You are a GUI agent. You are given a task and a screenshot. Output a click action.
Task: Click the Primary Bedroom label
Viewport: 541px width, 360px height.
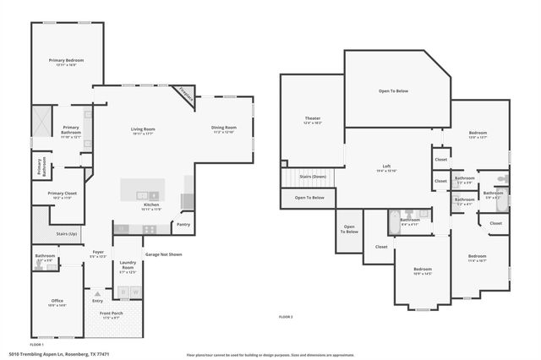[x=67, y=61]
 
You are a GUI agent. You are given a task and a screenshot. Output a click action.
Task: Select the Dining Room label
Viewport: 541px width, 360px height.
[x=224, y=128]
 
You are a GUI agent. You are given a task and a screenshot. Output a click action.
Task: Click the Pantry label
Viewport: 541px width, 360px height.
[x=183, y=225]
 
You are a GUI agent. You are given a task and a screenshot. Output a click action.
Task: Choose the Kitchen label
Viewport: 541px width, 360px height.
[x=151, y=205]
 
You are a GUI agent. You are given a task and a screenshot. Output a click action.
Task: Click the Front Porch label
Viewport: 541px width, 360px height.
[x=110, y=314]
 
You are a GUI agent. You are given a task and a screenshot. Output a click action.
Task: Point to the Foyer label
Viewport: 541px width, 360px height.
[x=98, y=251]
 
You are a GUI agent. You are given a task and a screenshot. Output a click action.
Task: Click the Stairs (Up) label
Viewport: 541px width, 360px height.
[x=67, y=233]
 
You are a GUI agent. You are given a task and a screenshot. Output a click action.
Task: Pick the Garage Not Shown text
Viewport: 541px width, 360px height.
[x=163, y=254]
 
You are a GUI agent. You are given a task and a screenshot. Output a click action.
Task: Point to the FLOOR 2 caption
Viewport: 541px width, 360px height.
[x=286, y=316]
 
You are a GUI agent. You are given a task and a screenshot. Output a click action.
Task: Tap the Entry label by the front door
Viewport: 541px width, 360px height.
[x=97, y=300]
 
